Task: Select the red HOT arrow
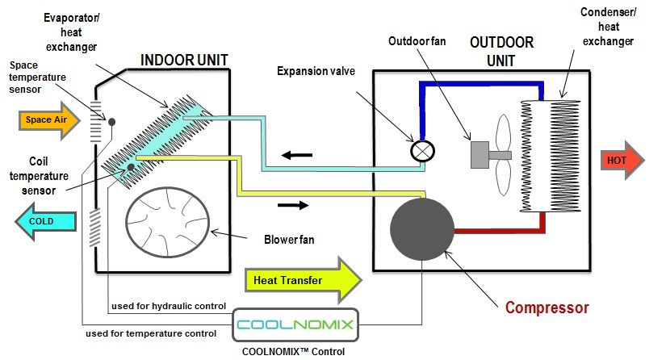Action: click(x=621, y=160)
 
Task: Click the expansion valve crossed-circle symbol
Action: click(x=422, y=150)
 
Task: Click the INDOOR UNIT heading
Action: click(x=184, y=60)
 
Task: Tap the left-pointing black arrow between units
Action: click(x=291, y=154)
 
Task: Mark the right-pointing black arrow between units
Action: click(x=293, y=205)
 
